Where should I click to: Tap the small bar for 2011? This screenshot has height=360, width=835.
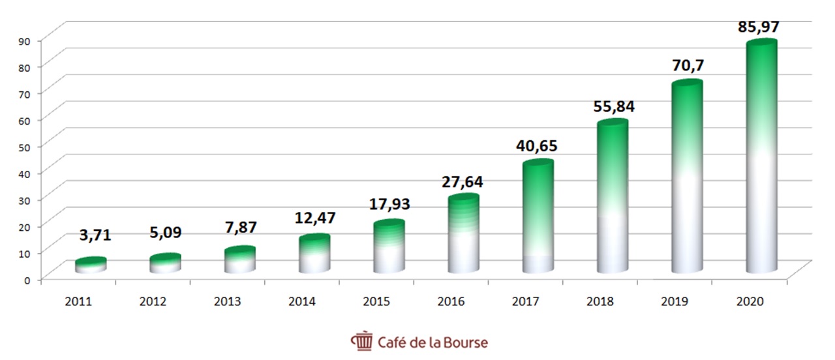91,264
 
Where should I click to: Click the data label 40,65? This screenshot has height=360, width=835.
537,145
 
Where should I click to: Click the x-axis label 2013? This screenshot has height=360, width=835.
227,302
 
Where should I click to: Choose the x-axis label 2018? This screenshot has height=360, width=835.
600,302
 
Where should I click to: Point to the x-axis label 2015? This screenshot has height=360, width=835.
376,302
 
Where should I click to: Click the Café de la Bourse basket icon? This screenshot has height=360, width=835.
361,341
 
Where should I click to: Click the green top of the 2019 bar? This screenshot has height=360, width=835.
687,87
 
